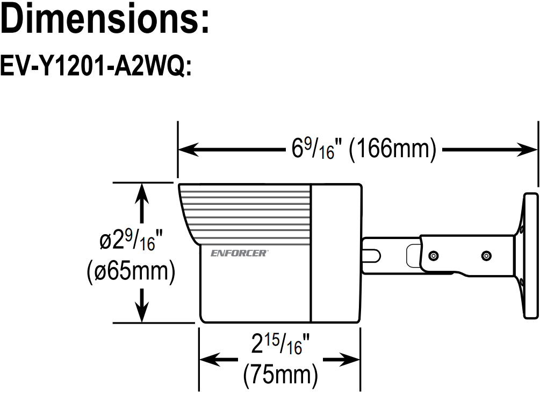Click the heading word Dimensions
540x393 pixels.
point(105,20)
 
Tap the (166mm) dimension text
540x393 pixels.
point(392,149)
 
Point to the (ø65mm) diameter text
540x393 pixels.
point(131,272)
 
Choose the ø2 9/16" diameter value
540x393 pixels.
point(129,241)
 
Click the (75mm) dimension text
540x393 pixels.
point(280,374)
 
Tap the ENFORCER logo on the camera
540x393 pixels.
point(238,252)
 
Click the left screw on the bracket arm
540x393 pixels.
point(434,254)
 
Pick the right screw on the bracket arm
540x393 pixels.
point(486,255)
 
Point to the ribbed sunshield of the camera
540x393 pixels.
point(247,212)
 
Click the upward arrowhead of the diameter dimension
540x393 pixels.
point(141,192)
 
